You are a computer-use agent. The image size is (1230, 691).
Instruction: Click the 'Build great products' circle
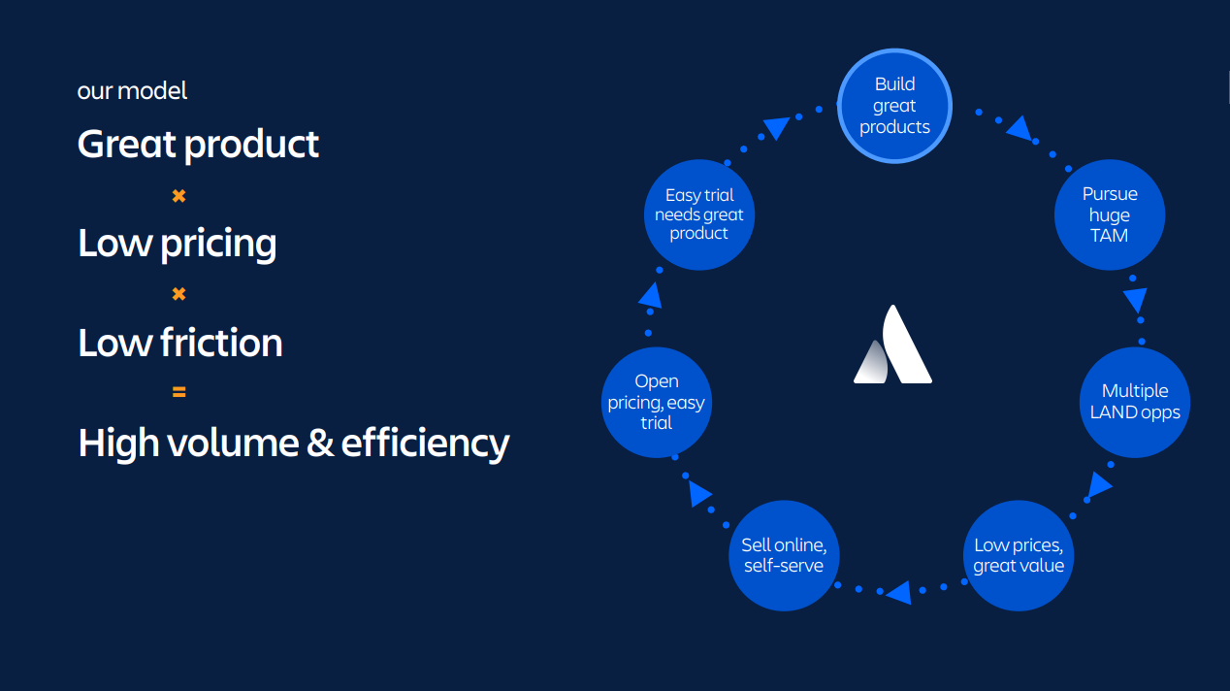pyautogui.click(x=894, y=106)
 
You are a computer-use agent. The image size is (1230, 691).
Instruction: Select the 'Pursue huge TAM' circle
pyautogui.click(x=1109, y=215)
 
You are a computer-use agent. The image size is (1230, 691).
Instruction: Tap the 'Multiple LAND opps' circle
pyautogui.click(x=1134, y=402)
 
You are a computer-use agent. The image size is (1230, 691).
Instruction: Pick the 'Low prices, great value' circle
pyautogui.click(x=1019, y=555)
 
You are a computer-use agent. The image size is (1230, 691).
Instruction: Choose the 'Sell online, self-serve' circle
pyautogui.click(x=783, y=555)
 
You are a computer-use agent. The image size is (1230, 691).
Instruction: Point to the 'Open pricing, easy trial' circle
pyautogui.click(x=657, y=402)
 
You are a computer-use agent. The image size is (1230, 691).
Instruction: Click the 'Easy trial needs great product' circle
pyautogui.click(x=698, y=214)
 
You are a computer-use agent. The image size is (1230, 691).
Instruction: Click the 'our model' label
pyautogui.click(x=132, y=91)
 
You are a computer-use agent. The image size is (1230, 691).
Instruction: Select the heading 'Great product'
pyautogui.click(x=198, y=145)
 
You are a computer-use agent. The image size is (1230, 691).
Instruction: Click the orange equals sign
pyautogui.click(x=178, y=392)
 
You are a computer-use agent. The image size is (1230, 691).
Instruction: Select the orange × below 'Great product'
pyautogui.click(x=178, y=196)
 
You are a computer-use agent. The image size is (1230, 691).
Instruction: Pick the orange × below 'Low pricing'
pyautogui.click(x=178, y=294)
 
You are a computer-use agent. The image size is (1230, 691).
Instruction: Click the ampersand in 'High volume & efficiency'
pyautogui.click(x=320, y=443)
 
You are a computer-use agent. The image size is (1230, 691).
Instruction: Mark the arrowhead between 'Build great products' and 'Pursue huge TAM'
pyautogui.click(x=1018, y=127)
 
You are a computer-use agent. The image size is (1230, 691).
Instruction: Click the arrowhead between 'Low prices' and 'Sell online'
pyautogui.click(x=897, y=591)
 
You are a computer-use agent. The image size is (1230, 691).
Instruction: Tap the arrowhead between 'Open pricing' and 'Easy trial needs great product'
pyautogui.click(x=650, y=295)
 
